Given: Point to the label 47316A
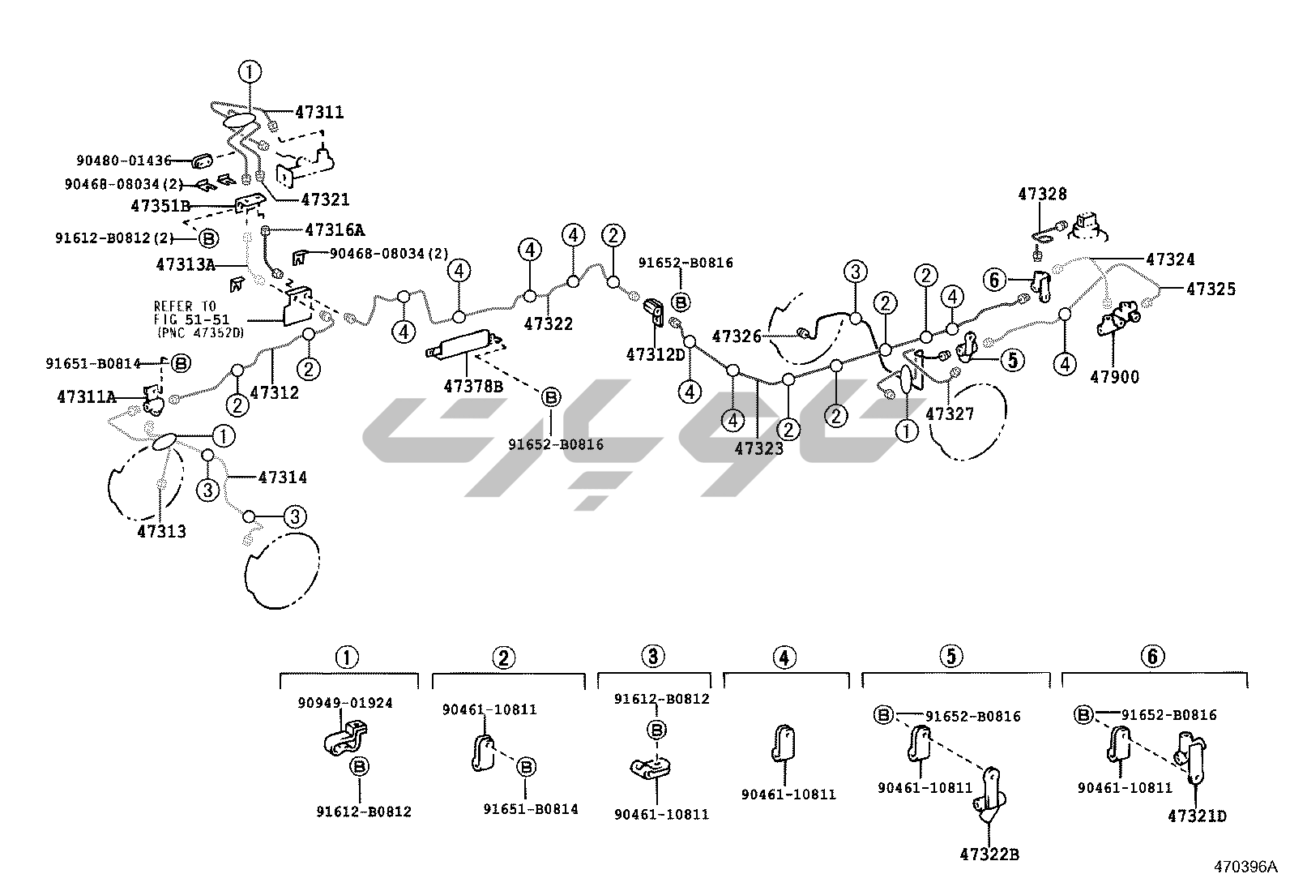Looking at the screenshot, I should pos(335,230).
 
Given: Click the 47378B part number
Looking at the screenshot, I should pos(473,387).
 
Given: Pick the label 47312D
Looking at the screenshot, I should pos(656,355).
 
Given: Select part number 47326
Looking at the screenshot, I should pos(737,336).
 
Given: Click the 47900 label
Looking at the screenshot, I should pos(1114,376).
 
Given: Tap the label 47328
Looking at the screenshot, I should pos(1042,195).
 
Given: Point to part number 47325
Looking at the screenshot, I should pos(1211,289).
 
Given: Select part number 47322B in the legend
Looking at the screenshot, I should pos(989,854).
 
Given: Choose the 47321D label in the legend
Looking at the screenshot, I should pos(1197,816).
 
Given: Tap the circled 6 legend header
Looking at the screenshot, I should pos(1153,657).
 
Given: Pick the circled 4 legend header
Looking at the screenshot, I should pos(784,657).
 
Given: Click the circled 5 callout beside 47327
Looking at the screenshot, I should pos(1012,359).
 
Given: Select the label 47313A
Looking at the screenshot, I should pos(186,264).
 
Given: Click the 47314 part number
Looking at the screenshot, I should pos(282,478).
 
